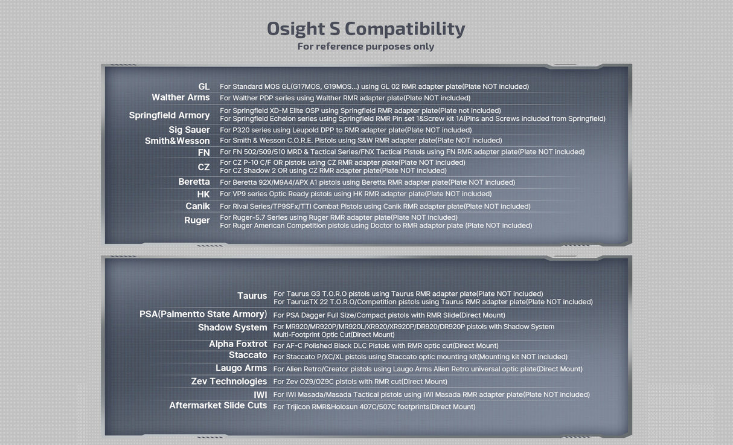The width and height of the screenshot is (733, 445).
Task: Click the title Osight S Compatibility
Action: (x=366, y=29)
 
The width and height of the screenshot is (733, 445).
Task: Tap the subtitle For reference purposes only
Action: (x=366, y=46)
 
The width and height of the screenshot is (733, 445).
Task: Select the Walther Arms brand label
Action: (x=181, y=97)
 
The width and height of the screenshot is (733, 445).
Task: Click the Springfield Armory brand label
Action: (x=169, y=115)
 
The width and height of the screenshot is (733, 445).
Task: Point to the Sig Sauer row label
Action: (x=189, y=130)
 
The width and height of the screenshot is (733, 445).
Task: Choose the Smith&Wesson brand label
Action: (x=177, y=141)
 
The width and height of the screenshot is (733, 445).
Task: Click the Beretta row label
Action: (x=194, y=182)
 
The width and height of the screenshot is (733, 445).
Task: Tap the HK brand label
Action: (x=203, y=194)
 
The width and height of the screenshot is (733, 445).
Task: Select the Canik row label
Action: (x=197, y=206)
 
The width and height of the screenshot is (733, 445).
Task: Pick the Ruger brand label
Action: (x=197, y=220)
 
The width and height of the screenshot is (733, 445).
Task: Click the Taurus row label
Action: (x=252, y=296)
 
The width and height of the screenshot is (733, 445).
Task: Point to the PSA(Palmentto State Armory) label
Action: (x=203, y=314)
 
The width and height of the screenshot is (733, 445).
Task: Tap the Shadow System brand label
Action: (x=232, y=327)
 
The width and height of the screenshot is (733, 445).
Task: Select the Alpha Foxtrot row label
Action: (x=238, y=344)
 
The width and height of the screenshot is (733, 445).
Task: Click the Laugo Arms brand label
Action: (x=241, y=368)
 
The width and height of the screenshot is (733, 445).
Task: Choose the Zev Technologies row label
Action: (x=229, y=382)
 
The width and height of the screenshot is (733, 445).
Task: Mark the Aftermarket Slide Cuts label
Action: (x=218, y=405)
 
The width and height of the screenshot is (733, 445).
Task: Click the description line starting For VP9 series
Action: (x=356, y=194)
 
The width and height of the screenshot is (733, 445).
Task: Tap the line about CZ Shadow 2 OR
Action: (x=333, y=171)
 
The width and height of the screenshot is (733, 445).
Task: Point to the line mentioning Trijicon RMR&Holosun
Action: (x=374, y=407)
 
